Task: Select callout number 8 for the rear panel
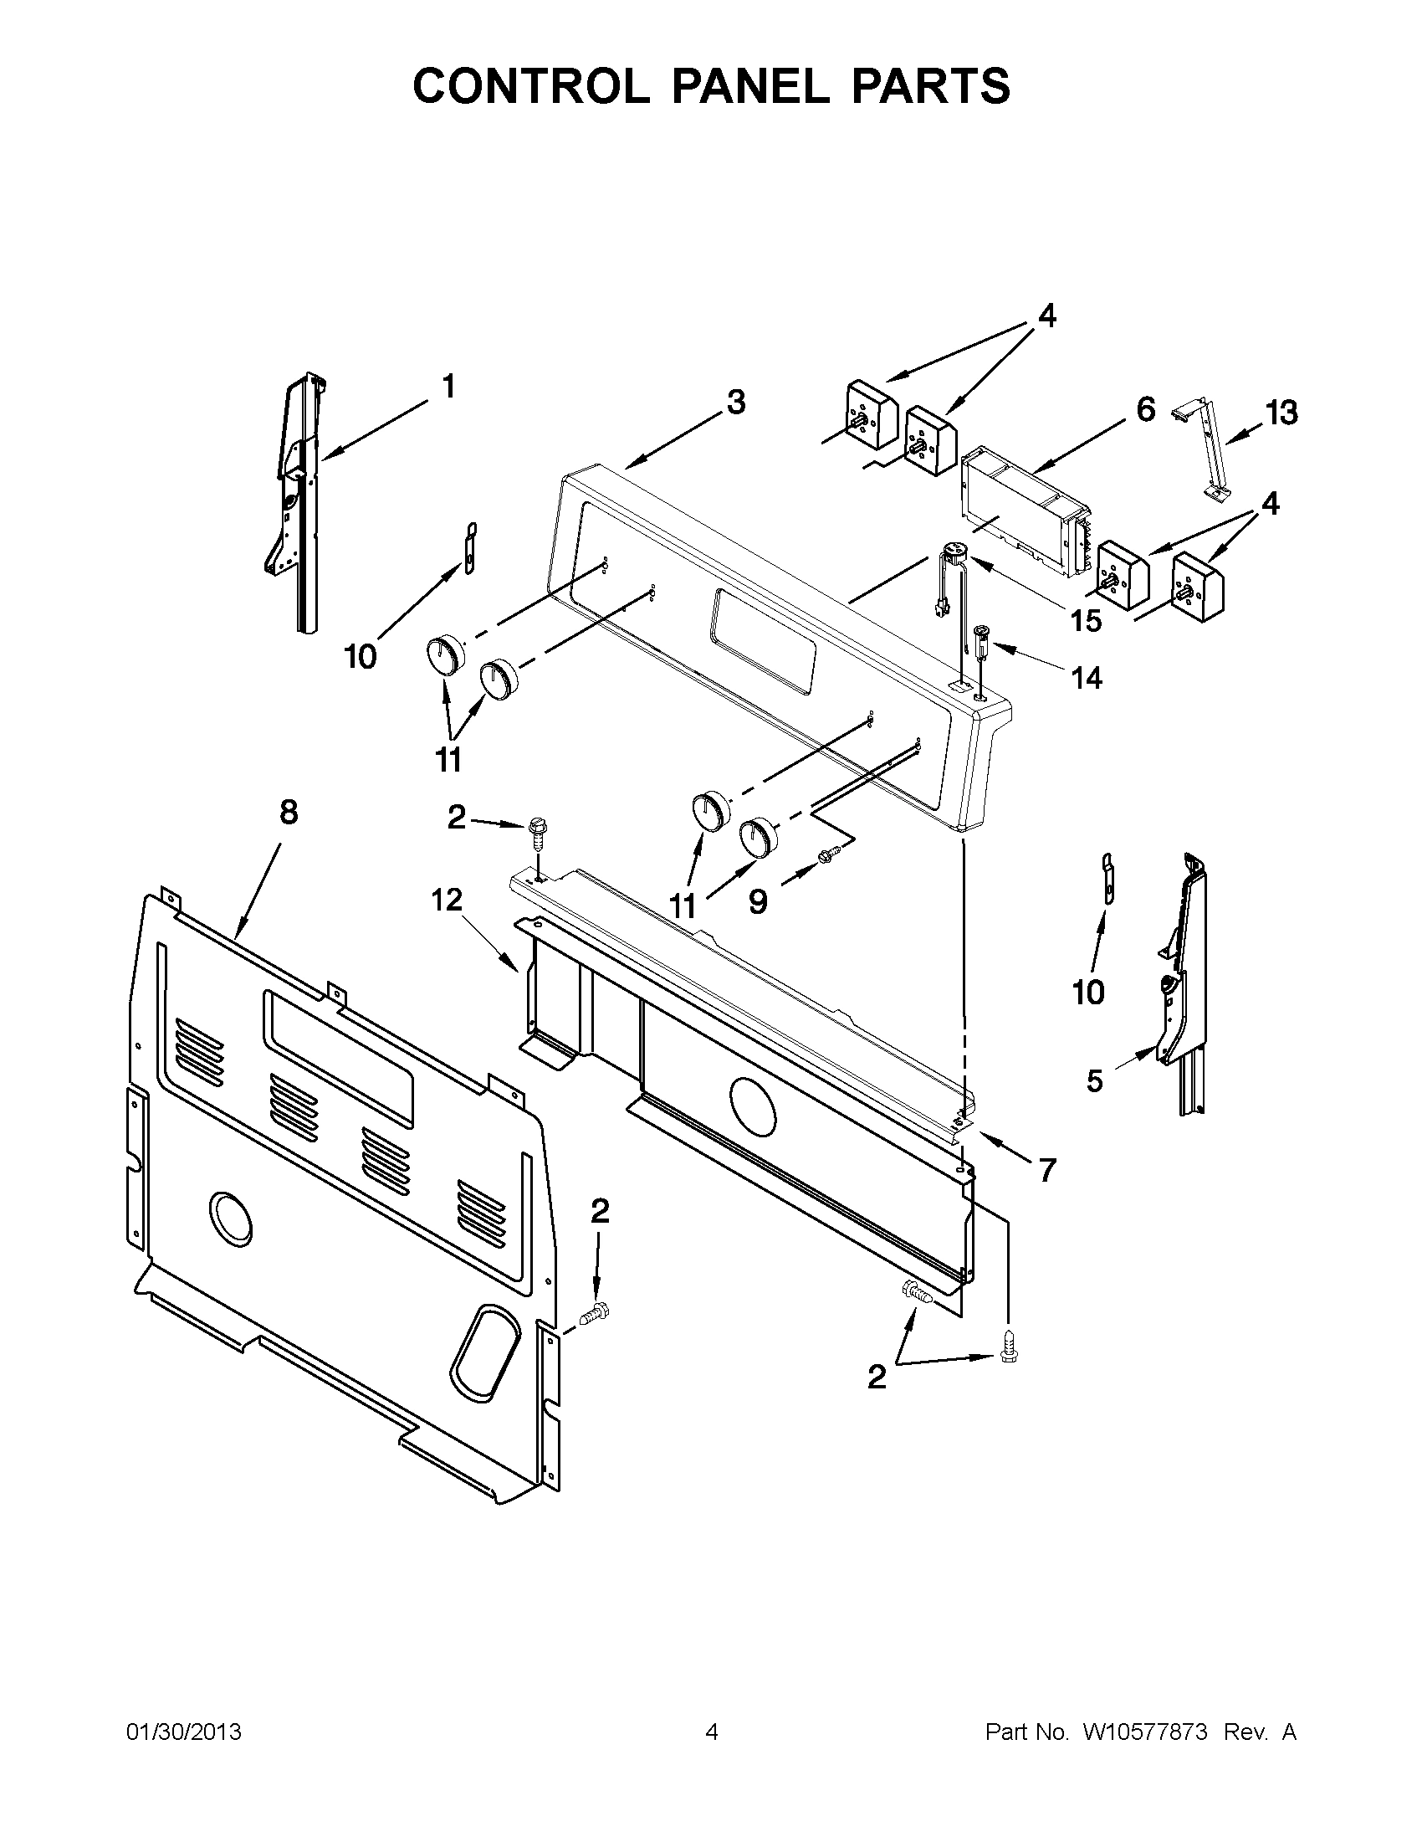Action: coord(289,812)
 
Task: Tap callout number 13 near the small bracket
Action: coord(1281,413)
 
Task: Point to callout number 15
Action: coord(1086,621)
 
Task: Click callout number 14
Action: coord(1087,677)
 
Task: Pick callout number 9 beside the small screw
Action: coord(758,902)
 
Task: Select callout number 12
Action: coord(448,900)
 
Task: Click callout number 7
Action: coord(1047,1171)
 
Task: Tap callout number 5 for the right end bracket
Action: coord(1094,1081)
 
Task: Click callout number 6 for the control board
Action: coord(1145,410)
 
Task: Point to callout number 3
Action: coord(736,403)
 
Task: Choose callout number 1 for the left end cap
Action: coord(448,387)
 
